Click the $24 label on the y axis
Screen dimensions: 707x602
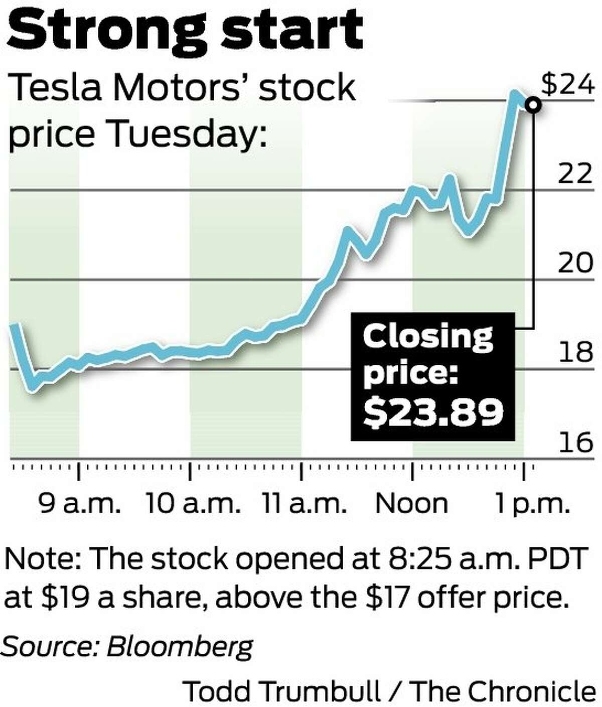[567, 85]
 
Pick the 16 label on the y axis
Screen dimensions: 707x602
[575, 442]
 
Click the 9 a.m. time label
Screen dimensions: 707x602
[80, 504]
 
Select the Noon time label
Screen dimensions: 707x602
[412, 504]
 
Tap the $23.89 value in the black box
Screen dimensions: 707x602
[433, 411]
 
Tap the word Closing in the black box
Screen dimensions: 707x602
[428, 337]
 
